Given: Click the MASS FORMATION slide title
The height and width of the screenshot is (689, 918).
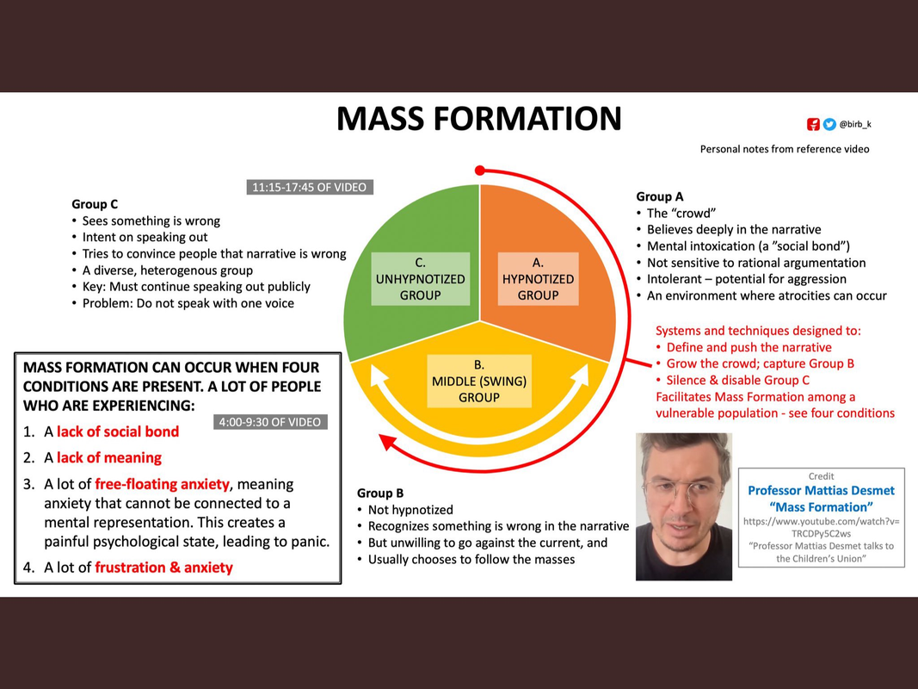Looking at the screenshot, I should click(478, 119).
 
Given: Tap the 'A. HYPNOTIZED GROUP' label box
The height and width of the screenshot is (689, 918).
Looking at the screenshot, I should click(538, 279).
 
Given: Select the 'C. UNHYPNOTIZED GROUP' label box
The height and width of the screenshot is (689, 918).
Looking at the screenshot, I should click(420, 279).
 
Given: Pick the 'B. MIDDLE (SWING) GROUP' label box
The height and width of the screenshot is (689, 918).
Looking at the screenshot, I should click(479, 382).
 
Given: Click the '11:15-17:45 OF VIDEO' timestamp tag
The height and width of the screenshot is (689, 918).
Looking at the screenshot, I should click(310, 187).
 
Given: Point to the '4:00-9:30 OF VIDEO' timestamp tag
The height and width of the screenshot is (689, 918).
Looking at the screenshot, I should click(270, 422).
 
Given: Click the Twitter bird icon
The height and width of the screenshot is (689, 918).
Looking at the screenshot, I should click(829, 124).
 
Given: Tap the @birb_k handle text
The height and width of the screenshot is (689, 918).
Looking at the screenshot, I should click(855, 124).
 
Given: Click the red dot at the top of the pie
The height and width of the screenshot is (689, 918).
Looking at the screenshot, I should click(480, 170).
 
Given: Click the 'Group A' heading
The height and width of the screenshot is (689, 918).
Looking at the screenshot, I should click(660, 196).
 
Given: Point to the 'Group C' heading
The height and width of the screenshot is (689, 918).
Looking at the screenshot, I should click(95, 204).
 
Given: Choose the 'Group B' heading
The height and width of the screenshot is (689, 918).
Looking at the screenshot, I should click(380, 493).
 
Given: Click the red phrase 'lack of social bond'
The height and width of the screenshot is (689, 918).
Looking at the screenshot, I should click(118, 431).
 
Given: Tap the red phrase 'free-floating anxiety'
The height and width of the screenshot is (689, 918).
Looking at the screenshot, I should click(162, 484).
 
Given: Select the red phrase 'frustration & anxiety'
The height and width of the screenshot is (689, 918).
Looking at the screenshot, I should click(163, 567).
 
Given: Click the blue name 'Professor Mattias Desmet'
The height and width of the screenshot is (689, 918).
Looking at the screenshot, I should click(821, 490).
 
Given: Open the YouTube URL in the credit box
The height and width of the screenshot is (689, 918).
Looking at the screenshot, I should click(821, 527).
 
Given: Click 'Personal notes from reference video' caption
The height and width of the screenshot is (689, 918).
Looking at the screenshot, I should click(784, 149).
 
